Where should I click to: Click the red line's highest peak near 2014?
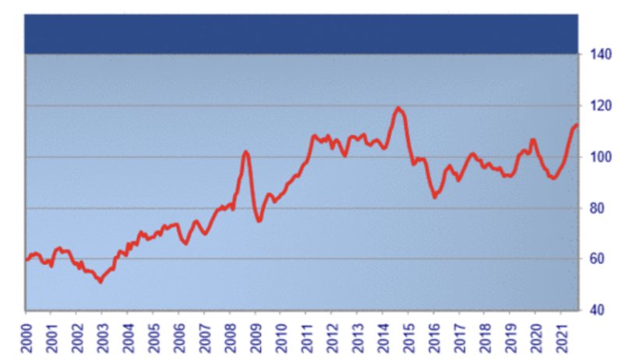[399, 108]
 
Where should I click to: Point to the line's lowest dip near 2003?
[100, 281]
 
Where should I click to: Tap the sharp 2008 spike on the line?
[245, 151]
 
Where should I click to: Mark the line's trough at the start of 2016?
[434, 197]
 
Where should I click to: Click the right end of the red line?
[576, 125]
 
